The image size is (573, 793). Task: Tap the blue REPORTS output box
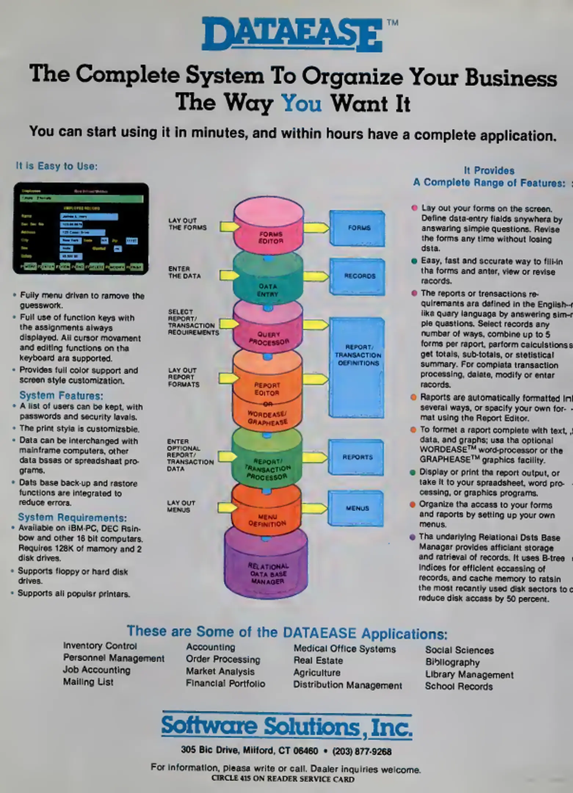click(x=356, y=457)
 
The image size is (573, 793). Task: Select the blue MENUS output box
click(x=356, y=508)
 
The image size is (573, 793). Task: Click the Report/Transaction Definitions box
click(x=357, y=367)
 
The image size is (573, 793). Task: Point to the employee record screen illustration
click(x=81, y=228)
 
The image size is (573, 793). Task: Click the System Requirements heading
click(x=72, y=518)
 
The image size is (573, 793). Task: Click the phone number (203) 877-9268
click(x=362, y=752)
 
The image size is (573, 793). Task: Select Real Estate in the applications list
click(x=318, y=660)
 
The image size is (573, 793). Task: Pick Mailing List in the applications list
click(x=88, y=682)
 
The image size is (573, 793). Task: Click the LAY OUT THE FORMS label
click(x=187, y=224)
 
